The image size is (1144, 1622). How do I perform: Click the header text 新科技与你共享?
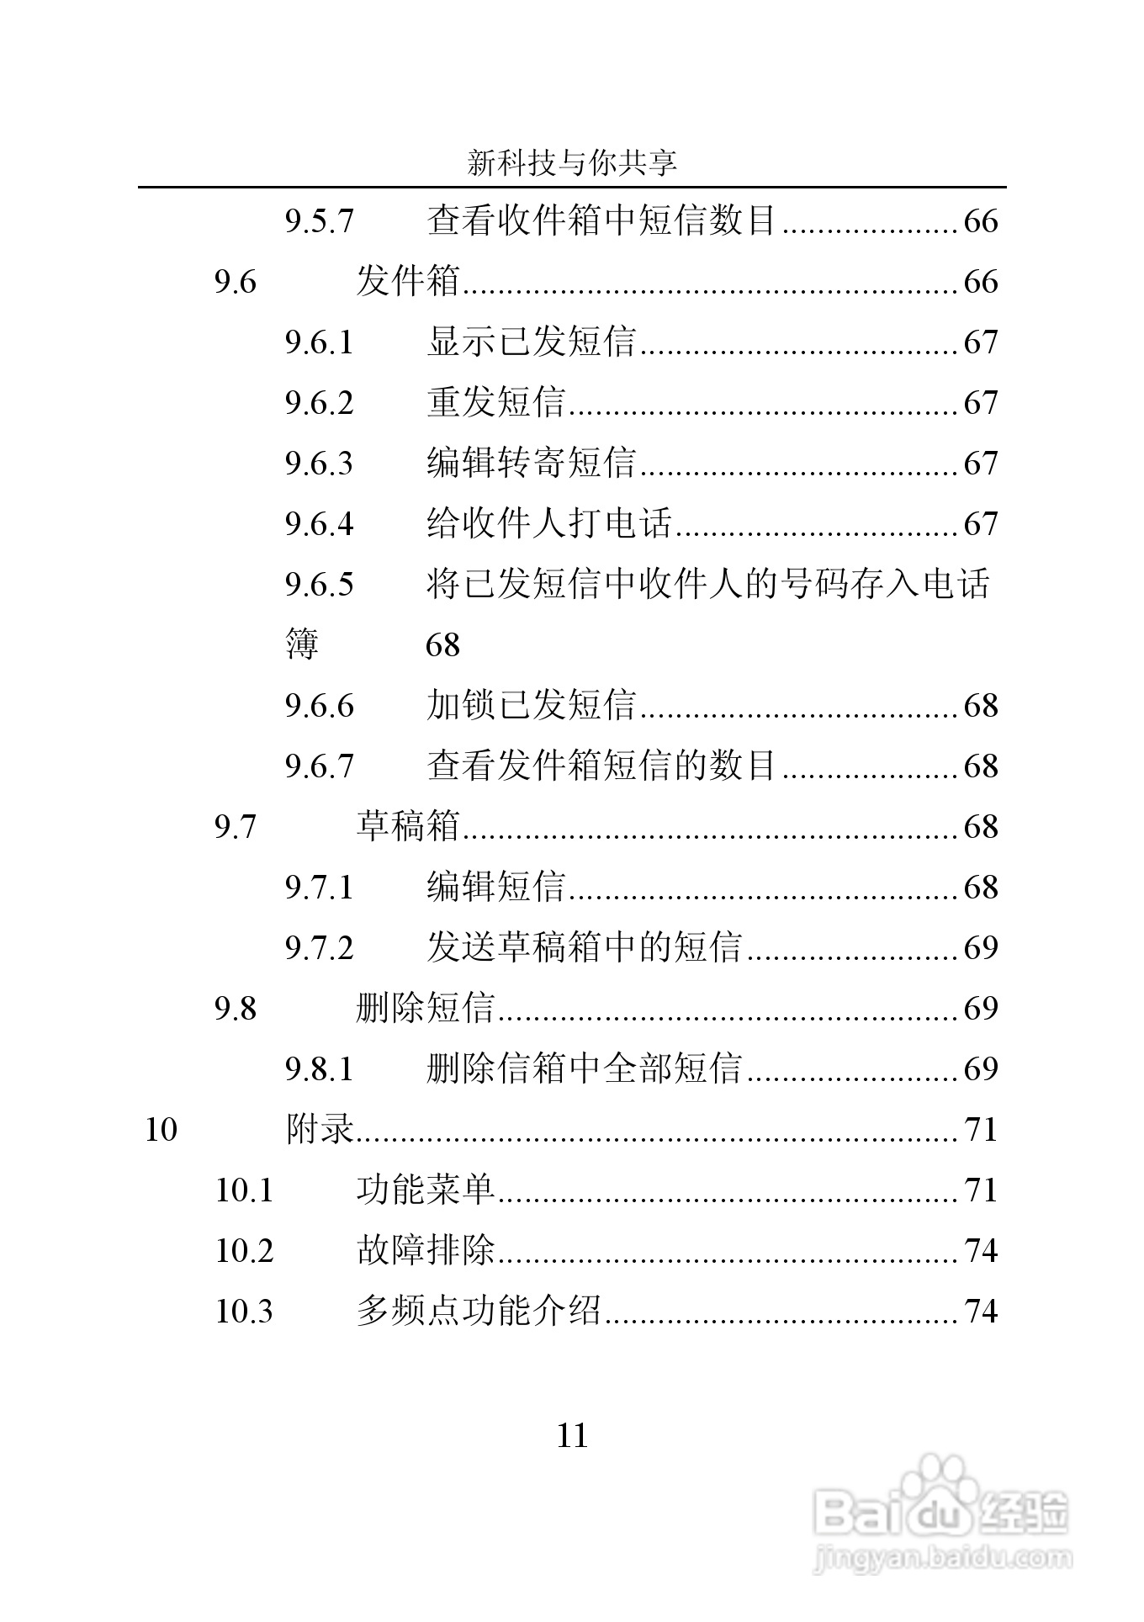point(572,163)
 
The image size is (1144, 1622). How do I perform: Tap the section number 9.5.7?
point(319,221)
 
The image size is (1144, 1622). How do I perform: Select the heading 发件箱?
point(408,282)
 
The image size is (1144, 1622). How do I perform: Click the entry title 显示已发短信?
point(531,342)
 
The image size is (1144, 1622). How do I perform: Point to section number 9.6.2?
point(319,403)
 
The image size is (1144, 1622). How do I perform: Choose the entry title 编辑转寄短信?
point(531,464)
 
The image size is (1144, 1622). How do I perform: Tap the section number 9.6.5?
point(319,585)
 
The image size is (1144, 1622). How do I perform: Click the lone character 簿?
point(302,645)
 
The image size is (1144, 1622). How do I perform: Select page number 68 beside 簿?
point(442,645)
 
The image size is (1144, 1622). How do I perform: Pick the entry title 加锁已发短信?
point(531,706)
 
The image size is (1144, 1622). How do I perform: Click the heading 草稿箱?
point(408,827)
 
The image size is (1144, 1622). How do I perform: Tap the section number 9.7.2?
point(319,948)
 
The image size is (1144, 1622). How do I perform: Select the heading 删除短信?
point(426,1009)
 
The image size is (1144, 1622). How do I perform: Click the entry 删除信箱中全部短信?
point(584,1069)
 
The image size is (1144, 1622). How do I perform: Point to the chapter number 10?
point(161,1130)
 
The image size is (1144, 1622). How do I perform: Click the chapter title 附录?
point(320,1130)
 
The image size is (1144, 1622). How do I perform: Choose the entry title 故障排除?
point(426,1251)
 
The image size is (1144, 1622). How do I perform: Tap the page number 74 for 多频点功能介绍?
point(980,1312)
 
